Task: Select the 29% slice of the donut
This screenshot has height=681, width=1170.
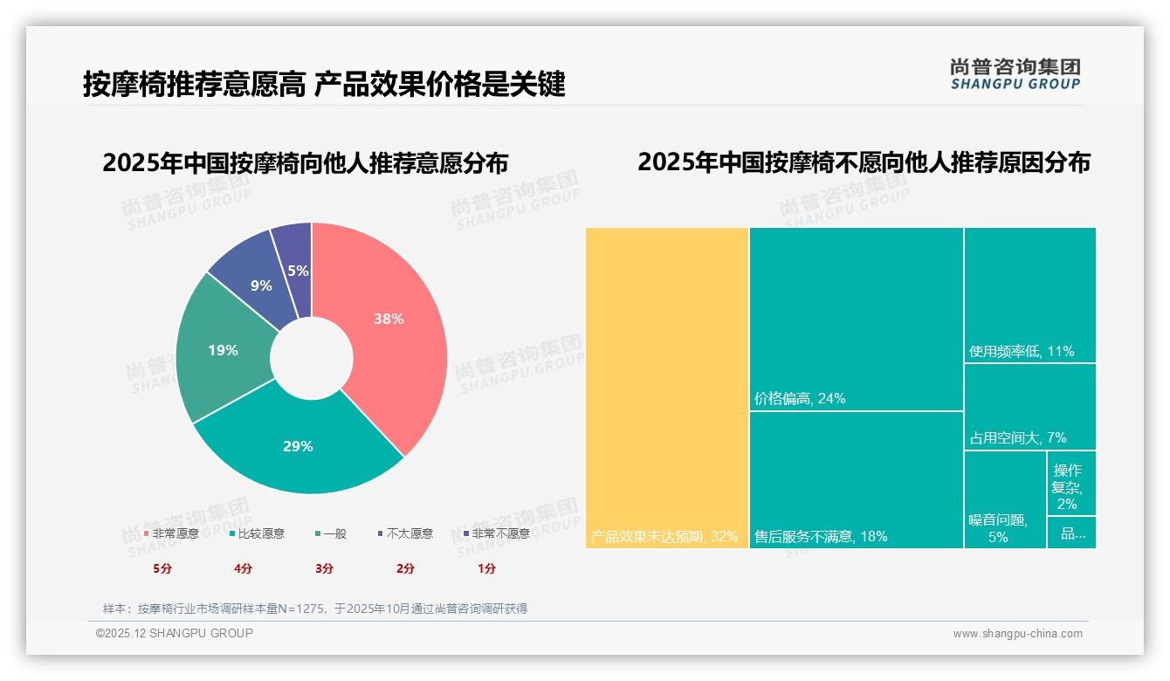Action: tap(299, 445)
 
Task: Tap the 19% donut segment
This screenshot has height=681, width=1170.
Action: tap(224, 351)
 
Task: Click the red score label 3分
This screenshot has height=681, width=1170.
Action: tap(324, 568)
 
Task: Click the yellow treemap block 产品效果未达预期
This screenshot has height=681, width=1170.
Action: tap(667, 388)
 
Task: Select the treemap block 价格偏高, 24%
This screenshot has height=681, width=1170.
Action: tap(857, 319)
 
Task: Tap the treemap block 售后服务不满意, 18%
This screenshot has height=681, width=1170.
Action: tap(857, 480)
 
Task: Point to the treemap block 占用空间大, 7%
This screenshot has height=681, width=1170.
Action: tap(1030, 407)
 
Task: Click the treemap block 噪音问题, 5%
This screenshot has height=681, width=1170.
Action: tap(1005, 499)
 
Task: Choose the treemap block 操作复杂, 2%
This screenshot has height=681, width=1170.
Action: tap(1071, 484)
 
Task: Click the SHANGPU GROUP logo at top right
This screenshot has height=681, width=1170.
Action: tap(1015, 74)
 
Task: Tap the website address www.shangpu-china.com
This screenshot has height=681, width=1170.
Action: tap(1017, 634)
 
